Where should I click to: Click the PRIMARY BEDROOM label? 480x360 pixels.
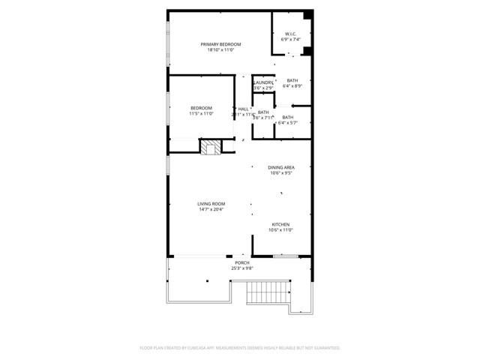(220, 45)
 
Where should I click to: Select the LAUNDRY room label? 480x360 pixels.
(263, 82)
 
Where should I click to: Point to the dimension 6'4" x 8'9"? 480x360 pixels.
(292, 86)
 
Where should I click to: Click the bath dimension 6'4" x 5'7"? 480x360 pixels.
(288, 122)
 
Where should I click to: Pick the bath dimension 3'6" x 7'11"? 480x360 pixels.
(263, 118)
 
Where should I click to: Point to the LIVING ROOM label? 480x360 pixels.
(211, 203)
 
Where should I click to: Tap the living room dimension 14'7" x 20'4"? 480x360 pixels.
(211, 209)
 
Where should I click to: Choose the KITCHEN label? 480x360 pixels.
(280, 224)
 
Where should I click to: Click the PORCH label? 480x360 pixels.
(242, 262)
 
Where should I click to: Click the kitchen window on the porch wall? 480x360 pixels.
(286, 256)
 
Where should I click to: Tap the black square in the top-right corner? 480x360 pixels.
(307, 15)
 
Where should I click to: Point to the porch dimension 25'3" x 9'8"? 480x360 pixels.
(242, 268)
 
